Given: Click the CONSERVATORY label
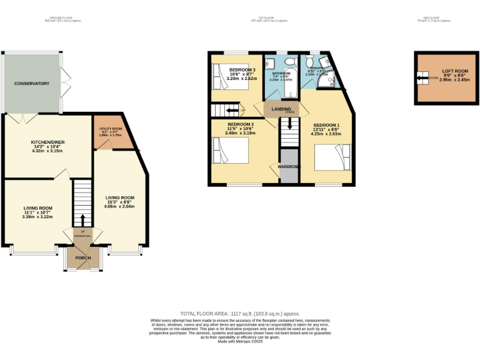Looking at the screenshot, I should click(x=32, y=83).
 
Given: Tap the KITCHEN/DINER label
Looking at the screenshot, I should click(x=48, y=142).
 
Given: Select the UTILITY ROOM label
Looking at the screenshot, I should click(x=111, y=129).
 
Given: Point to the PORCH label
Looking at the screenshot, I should click(x=83, y=257).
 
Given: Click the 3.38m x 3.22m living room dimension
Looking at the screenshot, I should click(x=38, y=217).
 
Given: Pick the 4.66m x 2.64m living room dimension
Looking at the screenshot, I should click(x=119, y=206).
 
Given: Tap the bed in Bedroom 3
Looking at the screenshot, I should click(x=220, y=77).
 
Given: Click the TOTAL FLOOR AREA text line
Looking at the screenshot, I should click(x=240, y=313).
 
